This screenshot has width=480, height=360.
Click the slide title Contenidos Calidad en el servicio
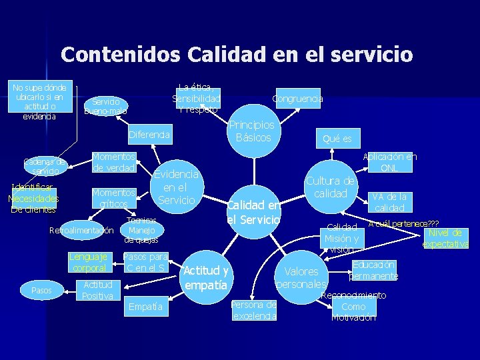[237, 53]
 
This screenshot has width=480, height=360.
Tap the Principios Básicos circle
[253, 131]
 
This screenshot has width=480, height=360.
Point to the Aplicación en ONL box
[389, 162]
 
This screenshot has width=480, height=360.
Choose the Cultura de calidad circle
[331, 187]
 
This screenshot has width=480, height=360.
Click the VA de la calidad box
[388, 201]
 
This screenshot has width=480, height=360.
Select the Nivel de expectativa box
[445, 238]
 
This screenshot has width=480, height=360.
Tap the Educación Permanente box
[373, 270]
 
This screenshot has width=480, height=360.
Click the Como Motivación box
[353, 307]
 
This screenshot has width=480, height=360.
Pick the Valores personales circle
[301, 278]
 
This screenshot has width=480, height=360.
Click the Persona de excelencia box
[254, 310]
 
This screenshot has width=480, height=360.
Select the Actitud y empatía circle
[206, 277]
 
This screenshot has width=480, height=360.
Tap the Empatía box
[146, 307]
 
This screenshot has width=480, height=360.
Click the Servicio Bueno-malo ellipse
[106, 107]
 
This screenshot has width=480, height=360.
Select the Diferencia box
[149, 135]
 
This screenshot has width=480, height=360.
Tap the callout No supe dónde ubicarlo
[39, 101]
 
